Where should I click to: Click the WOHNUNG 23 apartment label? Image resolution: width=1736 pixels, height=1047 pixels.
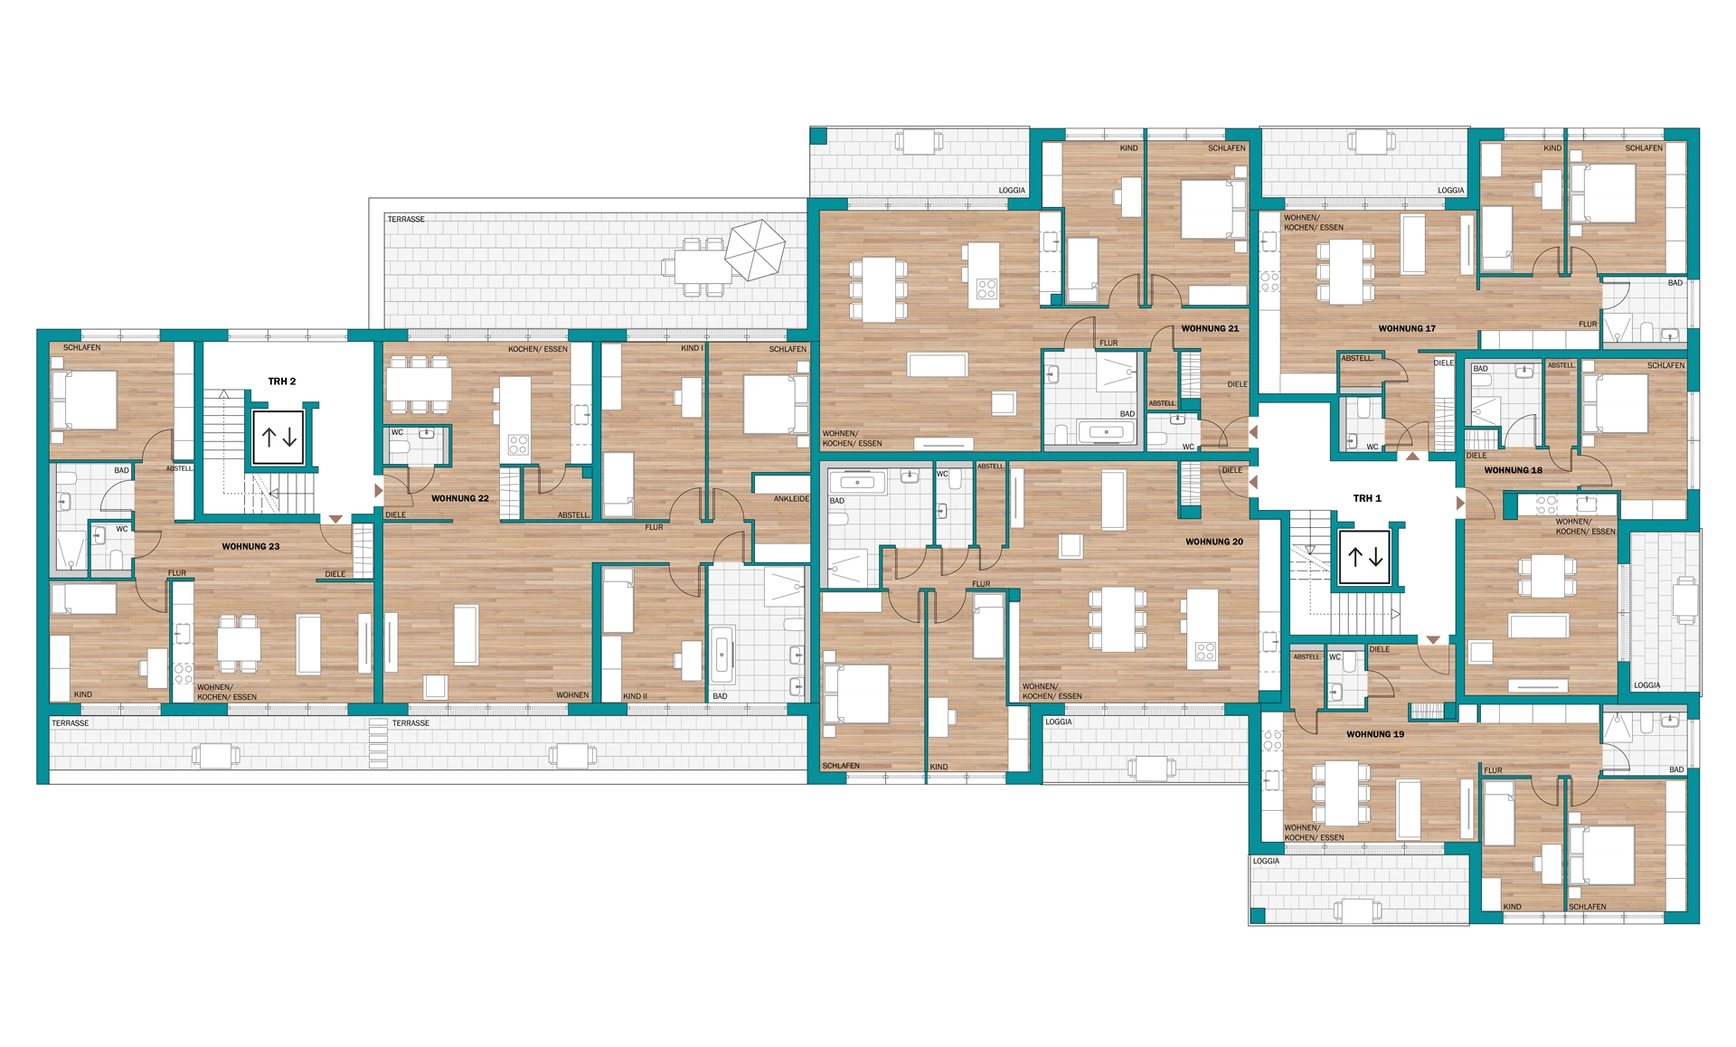click(x=250, y=546)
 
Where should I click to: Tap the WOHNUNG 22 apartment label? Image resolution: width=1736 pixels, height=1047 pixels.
click(x=459, y=498)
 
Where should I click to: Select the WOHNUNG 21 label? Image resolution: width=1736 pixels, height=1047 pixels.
click(x=1210, y=328)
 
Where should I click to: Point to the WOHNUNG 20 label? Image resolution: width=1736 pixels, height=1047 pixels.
click(x=1214, y=542)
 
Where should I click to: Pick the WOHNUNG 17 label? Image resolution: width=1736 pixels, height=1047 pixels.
click(x=1407, y=328)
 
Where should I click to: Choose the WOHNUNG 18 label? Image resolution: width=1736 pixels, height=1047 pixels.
click(x=1514, y=470)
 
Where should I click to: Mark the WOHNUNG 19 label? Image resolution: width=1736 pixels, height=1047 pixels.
click(x=1375, y=734)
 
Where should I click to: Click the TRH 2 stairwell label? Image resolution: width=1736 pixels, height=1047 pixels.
click(x=282, y=382)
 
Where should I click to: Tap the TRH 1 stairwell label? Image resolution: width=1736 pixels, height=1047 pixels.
click(x=1367, y=498)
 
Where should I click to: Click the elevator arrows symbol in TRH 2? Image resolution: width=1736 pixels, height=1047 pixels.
click(x=278, y=438)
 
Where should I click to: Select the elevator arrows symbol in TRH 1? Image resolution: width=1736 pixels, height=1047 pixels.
click(x=1365, y=557)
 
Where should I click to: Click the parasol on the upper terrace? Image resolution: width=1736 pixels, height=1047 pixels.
click(x=756, y=250)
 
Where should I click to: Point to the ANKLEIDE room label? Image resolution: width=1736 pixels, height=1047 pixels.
click(x=791, y=499)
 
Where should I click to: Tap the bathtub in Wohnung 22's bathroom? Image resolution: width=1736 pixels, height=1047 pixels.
click(x=722, y=654)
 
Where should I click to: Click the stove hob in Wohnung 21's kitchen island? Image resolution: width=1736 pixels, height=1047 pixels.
click(x=986, y=289)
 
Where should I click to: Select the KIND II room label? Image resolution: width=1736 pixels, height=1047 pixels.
click(x=635, y=696)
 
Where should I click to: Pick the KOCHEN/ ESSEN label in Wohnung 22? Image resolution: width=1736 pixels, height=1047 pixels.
click(x=538, y=349)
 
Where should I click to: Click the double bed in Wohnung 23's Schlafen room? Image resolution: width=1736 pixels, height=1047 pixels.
click(x=85, y=400)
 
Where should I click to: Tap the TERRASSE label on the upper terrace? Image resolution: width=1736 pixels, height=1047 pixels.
click(x=406, y=219)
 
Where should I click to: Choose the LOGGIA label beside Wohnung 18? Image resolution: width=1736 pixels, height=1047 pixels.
click(x=1647, y=685)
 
